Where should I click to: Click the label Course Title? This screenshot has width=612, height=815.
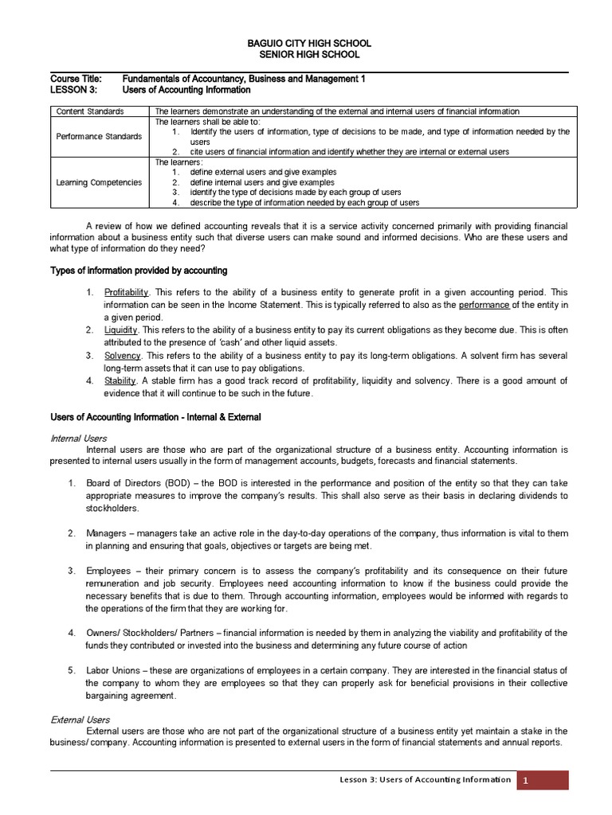pyautogui.click(x=76, y=79)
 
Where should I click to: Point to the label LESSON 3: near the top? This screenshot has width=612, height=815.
pyautogui.click(x=73, y=90)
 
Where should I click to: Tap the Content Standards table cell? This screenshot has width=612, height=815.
pyautogui.click(x=90, y=111)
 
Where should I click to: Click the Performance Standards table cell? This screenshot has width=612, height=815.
pyautogui.click(x=99, y=137)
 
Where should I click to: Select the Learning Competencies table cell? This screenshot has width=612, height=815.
pyautogui.click(x=99, y=182)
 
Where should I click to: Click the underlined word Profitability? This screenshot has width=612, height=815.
pyautogui.click(x=127, y=293)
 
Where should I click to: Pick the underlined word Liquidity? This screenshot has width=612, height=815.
pyautogui.click(x=121, y=330)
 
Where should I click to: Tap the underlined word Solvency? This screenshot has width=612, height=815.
pyautogui.click(x=122, y=355)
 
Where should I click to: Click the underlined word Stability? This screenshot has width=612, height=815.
pyautogui.click(x=120, y=381)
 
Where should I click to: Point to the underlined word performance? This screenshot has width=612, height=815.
pyautogui.click(x=484, y=305)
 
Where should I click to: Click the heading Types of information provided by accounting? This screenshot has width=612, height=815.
pyautogui.click(x=139, y=271)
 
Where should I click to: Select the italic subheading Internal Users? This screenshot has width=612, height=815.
pyautogui.click(x=78, y=439)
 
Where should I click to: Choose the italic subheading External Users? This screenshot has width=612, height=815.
pyautogui.click(x=80, y=719)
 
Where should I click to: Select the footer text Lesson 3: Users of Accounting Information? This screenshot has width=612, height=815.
pyautogui.click(x=425, y=780)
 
